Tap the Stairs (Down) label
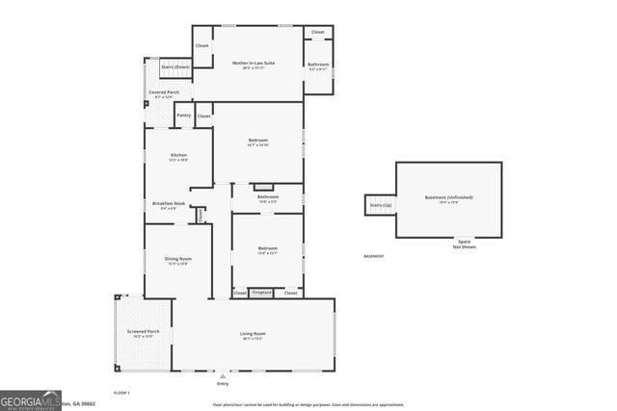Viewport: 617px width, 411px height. point(174,66)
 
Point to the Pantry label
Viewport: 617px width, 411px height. point(183,116)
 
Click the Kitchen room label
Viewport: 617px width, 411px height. point(178,156)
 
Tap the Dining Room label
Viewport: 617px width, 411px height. point(179,259)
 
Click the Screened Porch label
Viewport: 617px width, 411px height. point(143,333)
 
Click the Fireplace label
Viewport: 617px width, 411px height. point(262,293)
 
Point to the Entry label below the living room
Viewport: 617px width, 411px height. point(223,383)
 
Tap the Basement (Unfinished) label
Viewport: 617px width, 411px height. point(449,198)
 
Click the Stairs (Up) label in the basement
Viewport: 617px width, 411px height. point(380,205)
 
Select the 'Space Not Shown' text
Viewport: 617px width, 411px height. point(465,244)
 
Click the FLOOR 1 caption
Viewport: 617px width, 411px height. point(121,393)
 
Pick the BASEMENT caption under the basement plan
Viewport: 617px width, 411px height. point(373,256)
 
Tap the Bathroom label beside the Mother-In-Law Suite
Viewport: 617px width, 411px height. point(318,65)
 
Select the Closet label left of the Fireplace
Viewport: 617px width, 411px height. point(240,293)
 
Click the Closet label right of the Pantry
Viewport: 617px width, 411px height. point(203,116)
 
